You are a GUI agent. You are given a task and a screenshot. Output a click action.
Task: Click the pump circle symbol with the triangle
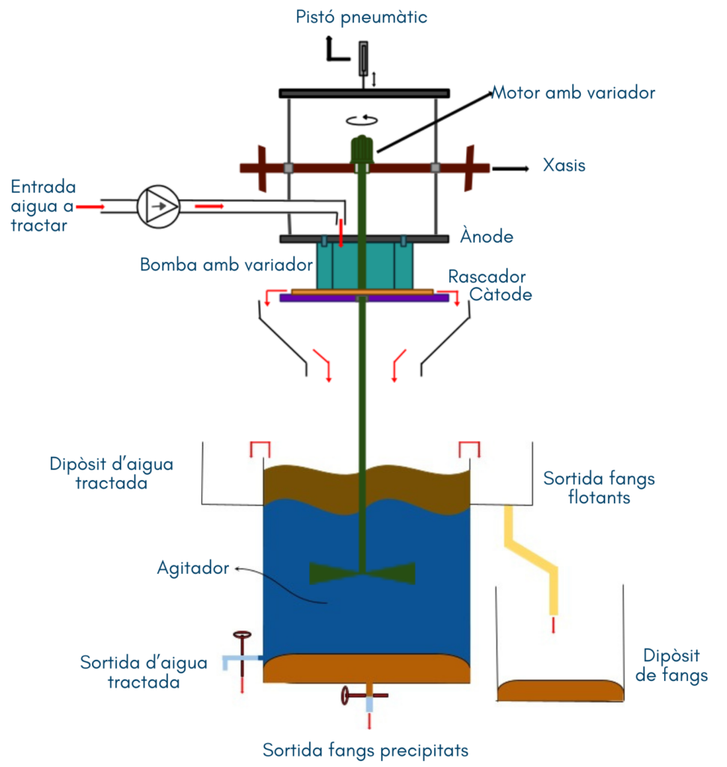click(x=158, y=204)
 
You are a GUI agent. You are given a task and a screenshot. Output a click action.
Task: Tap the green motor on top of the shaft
click(x=362, y=149)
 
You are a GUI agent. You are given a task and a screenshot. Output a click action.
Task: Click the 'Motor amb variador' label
click(x=574, y=93)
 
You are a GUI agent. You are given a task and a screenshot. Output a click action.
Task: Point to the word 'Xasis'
click(x=564, y=166)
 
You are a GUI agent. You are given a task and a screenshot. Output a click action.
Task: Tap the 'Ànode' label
click(x=487, y=237)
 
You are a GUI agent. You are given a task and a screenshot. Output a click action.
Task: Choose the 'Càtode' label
click(x=501, y=294)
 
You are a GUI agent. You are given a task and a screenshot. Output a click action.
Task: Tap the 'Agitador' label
click(x=193, y=568)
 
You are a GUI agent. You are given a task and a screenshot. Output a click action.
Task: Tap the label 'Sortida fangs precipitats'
click(x=365, y=750)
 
